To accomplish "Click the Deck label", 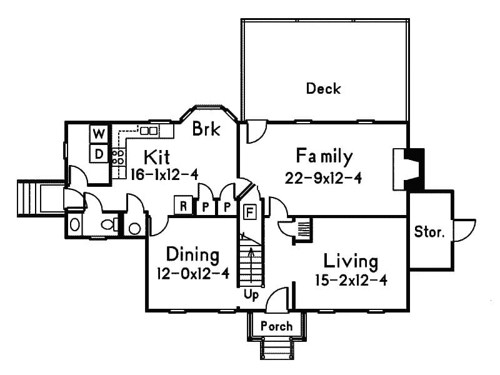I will (323, 89).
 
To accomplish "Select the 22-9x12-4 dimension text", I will (323, 177).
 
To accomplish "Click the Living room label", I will (351, 260).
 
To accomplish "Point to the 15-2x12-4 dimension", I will (351, 280).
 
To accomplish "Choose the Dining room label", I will (193, 255).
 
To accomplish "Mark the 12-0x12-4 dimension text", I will (193, 274).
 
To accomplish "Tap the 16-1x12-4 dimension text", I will (164, 174).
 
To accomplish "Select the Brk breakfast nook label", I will (206, 129).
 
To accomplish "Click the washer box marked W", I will (99, 134).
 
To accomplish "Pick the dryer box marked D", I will (99, 153).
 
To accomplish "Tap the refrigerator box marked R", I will (183, 206).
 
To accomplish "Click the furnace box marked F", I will (249, 211).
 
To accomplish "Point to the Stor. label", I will (429, 232).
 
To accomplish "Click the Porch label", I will (276, 326).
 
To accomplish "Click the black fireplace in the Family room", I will (412, 169).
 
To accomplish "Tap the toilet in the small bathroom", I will (109, 224).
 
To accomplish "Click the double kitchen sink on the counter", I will (148, 131).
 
